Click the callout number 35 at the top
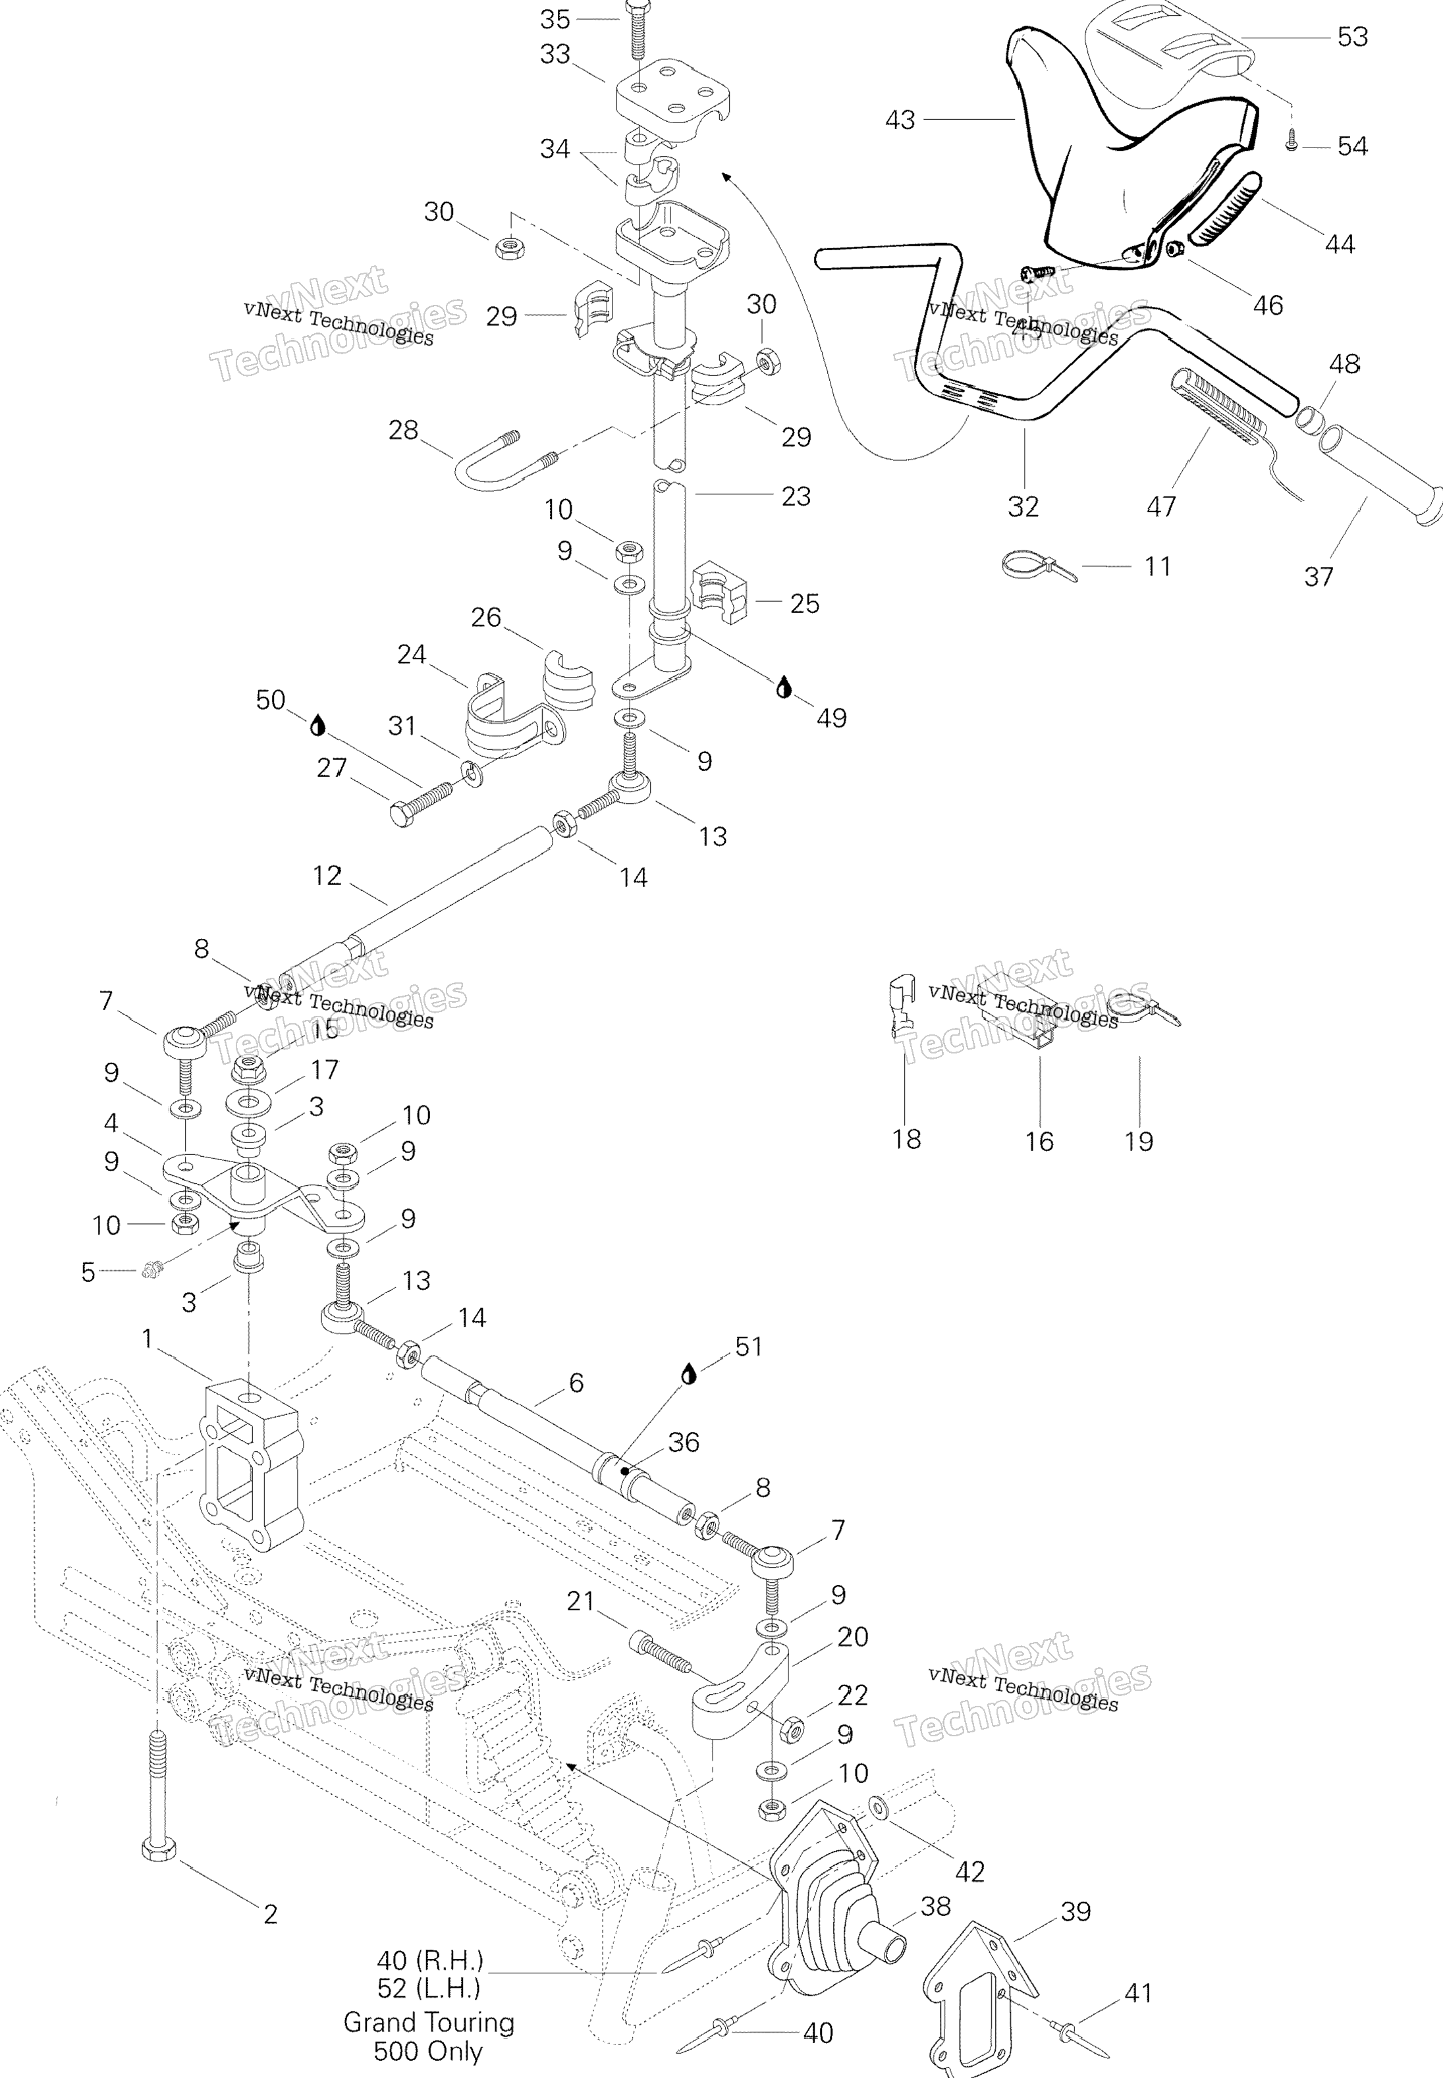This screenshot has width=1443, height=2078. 555,19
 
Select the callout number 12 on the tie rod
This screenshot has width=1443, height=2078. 327,875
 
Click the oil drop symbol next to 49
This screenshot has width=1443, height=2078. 783,688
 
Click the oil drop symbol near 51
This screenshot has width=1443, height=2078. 689,1374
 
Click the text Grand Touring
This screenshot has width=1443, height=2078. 429,2022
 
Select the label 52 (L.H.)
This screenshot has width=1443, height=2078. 429,1988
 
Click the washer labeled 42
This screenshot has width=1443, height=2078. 878,1807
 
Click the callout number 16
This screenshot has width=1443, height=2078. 1039,1142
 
